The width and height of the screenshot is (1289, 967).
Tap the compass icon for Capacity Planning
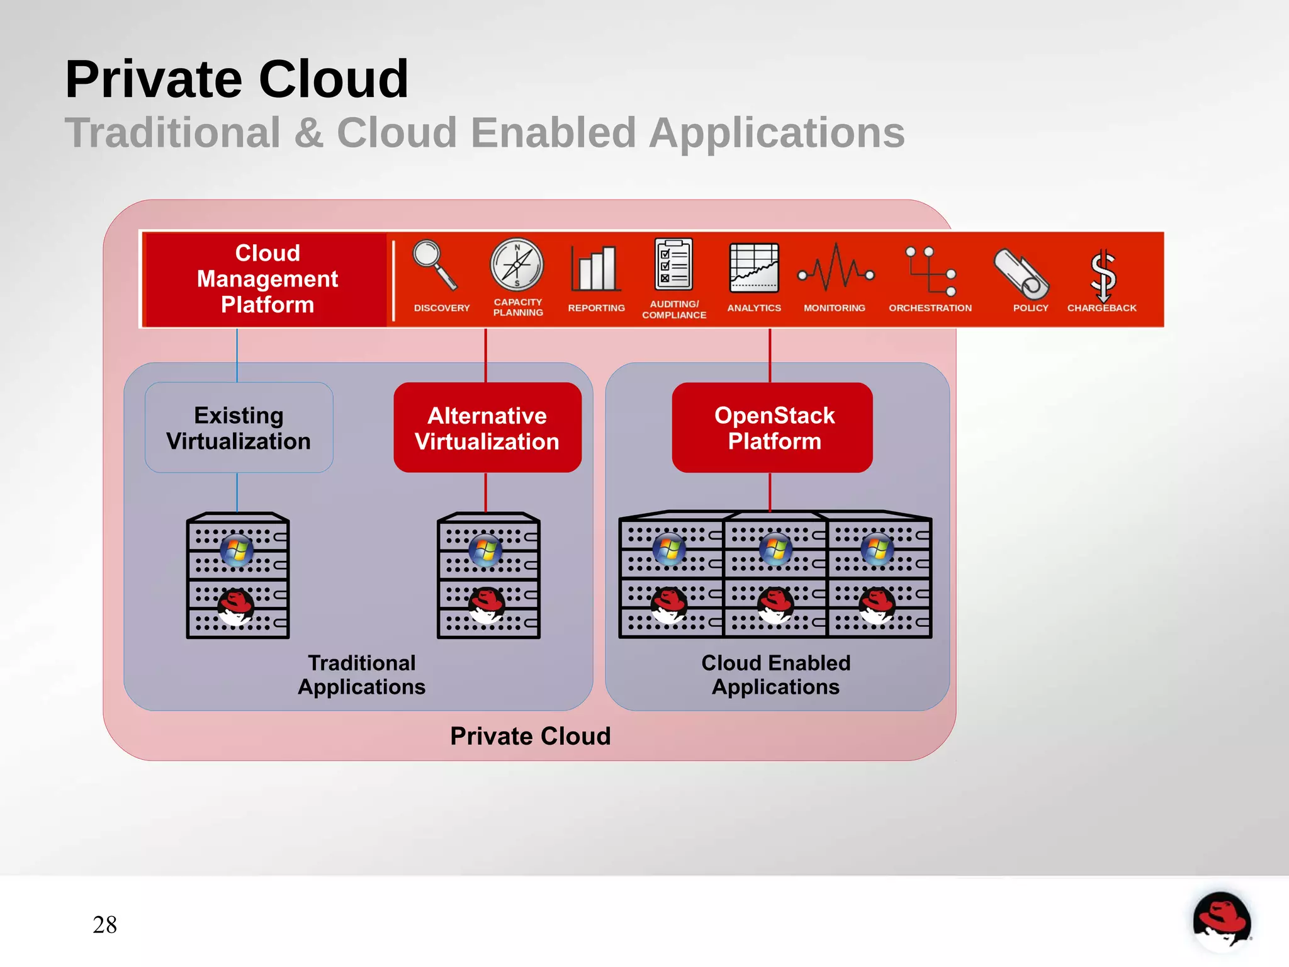(517, 265)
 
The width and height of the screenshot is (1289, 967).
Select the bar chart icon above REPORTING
(595, 269)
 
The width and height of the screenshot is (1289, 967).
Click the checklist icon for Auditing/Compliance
(673, 264)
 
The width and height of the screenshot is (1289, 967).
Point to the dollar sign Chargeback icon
(1103, 275)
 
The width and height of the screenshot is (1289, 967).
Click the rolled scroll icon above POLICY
(1021, 274)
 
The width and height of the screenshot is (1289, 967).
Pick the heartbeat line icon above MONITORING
(836, 269)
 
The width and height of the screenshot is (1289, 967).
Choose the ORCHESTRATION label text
(930, 308)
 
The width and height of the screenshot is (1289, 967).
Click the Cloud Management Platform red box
(267, 279)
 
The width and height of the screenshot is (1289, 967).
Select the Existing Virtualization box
(239, 428)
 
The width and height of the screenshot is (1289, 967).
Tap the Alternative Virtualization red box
(487, 428)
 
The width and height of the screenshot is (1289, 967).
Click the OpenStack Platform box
(774, 428)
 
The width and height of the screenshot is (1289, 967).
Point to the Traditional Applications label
(361, 674)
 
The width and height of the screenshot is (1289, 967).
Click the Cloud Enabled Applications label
(775, 674)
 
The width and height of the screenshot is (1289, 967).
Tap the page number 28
(104, 924)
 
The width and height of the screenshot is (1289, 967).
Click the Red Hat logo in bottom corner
(1221, 920)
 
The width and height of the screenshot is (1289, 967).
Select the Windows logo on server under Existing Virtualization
(237, 550)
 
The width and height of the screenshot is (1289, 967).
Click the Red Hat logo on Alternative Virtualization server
(486, 605)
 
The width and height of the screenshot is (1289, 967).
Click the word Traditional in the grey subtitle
(172, 133)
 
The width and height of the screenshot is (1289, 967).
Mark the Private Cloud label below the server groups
(530, 736)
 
